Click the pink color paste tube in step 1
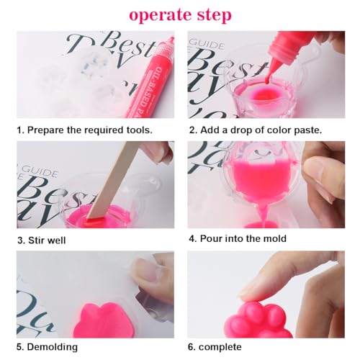pyautogui.click(x=148, y=76)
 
